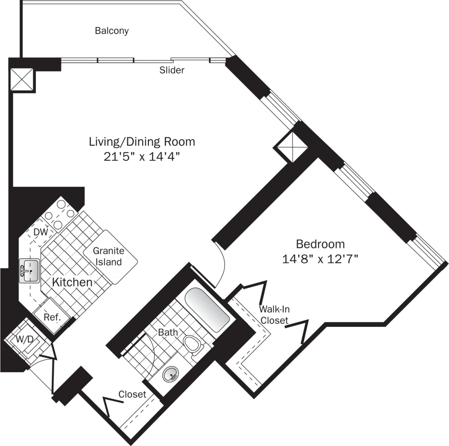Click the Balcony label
112,31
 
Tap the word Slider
172,70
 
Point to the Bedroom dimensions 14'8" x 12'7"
320,259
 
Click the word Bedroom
320,244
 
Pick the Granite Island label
109,256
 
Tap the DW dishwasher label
41,232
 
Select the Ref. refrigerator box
51,317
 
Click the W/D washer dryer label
25,340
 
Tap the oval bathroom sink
171,374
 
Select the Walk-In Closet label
274,315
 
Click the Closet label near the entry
132,394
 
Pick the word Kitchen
72,282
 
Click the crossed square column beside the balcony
21,80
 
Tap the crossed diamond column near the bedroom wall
291,147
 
